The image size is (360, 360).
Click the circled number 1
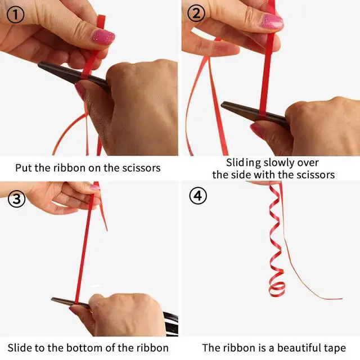point(15,15)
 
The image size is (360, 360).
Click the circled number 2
point(196,13)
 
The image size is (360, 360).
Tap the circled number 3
point(16,199)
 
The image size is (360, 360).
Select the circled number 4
point(198,196)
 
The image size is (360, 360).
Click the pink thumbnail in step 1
point(103,37)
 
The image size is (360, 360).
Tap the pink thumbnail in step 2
point(272,21)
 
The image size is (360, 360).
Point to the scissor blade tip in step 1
point(39,65)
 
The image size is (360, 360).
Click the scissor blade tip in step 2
point(222,105)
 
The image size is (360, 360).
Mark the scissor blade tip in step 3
point(52,299)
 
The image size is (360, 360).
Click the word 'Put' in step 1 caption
point(24,168)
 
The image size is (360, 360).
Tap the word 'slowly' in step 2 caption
point(279,163)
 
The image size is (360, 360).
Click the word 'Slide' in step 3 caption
point(20,348)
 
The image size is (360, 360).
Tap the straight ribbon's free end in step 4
point(341,299)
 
